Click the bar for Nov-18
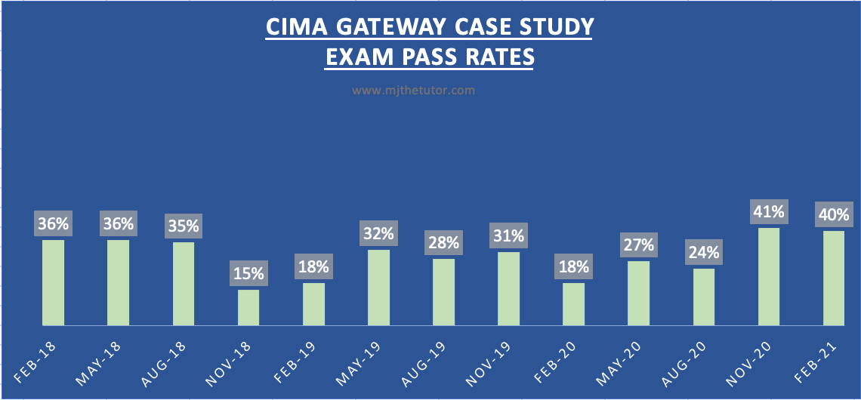click(248, 307)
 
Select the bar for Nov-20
click(768, 276)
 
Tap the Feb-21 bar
click(833, 278)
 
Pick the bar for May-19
click(378, 287)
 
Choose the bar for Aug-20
click(703, 297)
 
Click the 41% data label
click(768, 211)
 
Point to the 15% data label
click(248, 272)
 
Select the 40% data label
click(833, 214)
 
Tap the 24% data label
click(703, 251)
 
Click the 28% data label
click(443, 242)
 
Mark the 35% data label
click(184, 225)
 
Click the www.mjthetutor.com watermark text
click(413, 90)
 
